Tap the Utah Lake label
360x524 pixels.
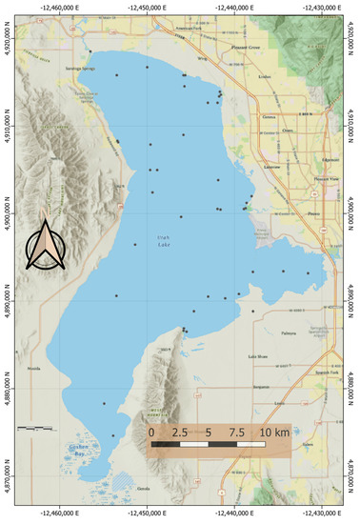coord(168,243)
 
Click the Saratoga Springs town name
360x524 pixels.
coord(79,68)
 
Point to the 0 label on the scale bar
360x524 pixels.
coord(151,432)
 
